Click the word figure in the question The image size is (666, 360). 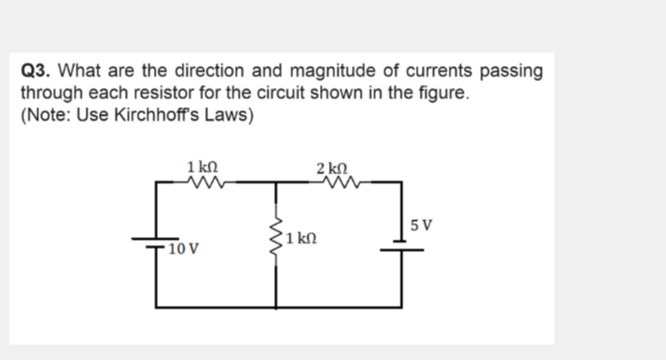point(436,94)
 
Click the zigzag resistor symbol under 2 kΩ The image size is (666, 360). point(334,183)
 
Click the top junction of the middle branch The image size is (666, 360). point(276,184)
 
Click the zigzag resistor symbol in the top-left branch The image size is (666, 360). point(203,183)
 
